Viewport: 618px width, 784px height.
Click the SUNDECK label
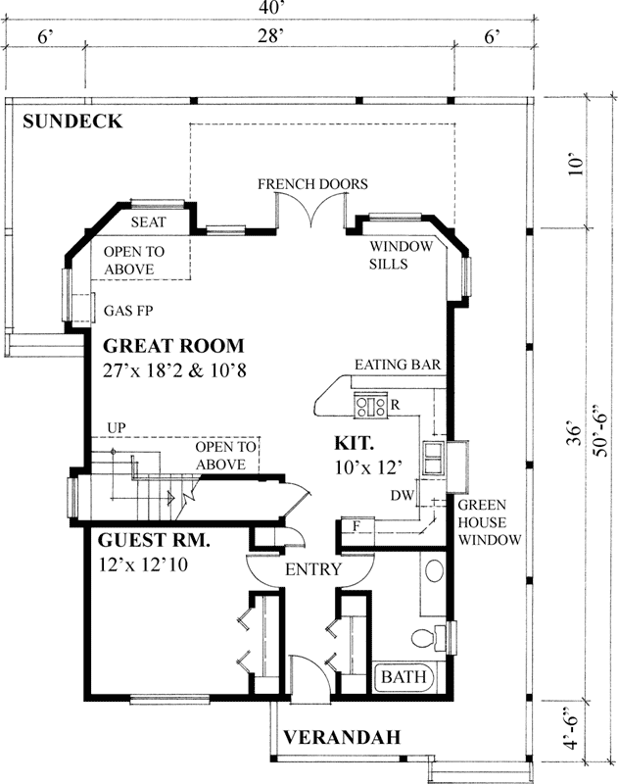(73, 122)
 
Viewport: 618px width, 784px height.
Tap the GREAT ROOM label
(172, 346)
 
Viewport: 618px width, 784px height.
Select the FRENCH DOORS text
(312, 183)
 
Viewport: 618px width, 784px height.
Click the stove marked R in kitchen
(371, 402)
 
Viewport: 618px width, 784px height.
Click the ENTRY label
(312, 569)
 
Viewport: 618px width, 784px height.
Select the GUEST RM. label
(155, 540)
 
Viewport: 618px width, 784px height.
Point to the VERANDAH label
(342, 737)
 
